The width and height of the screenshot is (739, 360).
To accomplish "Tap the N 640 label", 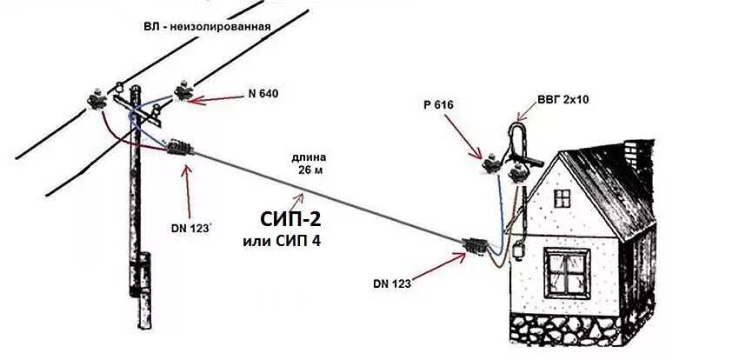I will [263, 93].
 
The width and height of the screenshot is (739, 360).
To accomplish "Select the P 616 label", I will [439, 105].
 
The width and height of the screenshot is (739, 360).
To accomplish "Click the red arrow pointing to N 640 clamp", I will [218, 98].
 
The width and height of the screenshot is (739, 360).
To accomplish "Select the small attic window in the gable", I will [563, 198].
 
